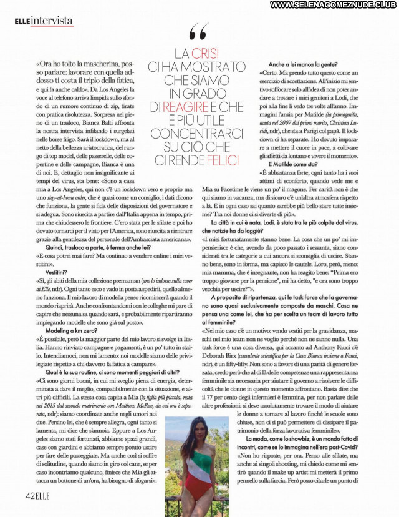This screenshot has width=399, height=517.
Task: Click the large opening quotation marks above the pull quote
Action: [x=198, y=31]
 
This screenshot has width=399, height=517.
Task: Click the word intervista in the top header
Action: [x=52, y=21]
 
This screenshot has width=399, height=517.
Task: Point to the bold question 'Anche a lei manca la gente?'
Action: [x=304, y=64]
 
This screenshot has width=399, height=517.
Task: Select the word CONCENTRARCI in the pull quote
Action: [x=195, y=134]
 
